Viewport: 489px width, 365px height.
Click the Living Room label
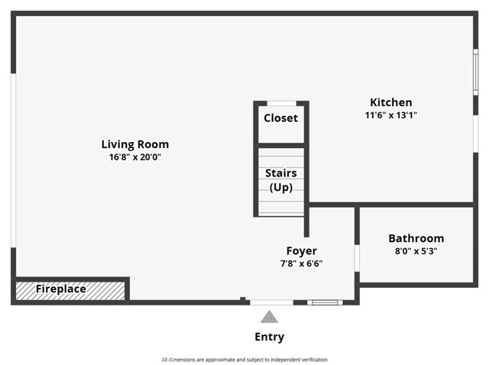[135, 144]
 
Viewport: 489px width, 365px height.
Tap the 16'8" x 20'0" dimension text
[135, 157]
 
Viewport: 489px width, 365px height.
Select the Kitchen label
[390, 102]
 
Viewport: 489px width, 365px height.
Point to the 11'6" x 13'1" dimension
[390, 115]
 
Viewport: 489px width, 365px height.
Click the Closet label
[280, 118]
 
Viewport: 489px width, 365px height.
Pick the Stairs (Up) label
[280, 179]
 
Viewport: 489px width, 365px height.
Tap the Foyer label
[301, 250]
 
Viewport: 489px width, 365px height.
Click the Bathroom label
[416, 238]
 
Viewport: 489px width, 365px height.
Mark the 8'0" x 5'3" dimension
[416, 250]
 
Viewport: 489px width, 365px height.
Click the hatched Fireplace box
[70, 290]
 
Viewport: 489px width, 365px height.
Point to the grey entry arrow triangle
[269, 317]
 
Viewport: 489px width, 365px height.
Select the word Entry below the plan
[269, 337]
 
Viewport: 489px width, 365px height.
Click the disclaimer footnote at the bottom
[244, 359]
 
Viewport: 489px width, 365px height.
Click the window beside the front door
[325, 302]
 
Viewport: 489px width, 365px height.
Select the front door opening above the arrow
[271, 302]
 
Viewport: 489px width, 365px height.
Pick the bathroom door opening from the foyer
[357, 257]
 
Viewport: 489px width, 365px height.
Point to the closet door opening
[280, 102]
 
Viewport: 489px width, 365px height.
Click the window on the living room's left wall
[14, 160]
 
